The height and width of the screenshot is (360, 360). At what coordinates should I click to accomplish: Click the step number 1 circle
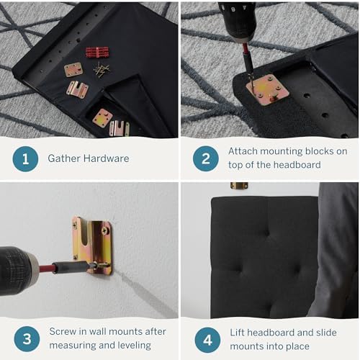coord(25,159)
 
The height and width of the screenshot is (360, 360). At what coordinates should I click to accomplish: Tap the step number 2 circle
coord(206,158)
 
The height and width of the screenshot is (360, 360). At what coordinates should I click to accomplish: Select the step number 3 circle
coord(27,339)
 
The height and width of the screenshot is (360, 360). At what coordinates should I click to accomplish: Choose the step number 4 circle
coord(207,340)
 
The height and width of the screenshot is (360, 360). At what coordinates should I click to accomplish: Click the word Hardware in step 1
coord(107,158)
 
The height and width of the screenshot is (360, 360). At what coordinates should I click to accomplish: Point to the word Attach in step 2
coord(243,151)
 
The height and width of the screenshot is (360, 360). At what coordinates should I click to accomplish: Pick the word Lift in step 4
coord(237,333)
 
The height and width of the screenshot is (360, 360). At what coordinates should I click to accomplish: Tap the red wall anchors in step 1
coord(97,53)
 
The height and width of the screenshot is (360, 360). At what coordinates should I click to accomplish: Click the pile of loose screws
coord(101,70)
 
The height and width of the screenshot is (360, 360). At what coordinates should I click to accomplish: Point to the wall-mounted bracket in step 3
coord(92,246)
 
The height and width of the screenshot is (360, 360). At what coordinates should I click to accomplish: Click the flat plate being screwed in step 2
coord(267,89)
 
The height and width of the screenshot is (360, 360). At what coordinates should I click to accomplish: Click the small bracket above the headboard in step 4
coord(239,186)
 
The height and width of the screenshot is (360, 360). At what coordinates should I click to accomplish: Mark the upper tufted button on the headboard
coord(266,233)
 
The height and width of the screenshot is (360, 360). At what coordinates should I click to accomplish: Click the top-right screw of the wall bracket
coord(105,231)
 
